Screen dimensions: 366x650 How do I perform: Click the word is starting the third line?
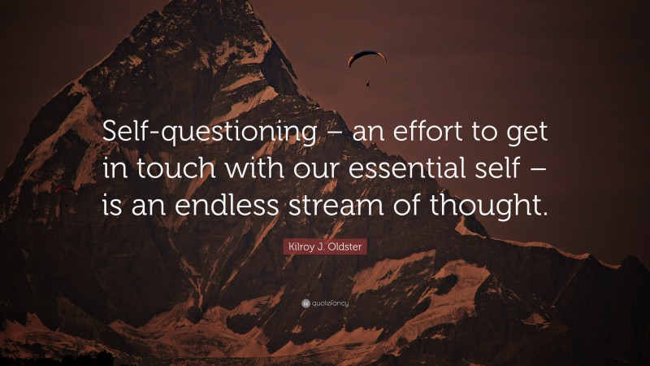tap(112, 205)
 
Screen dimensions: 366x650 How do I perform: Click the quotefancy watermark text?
tap(329, 303)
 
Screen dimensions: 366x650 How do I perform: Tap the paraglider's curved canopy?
tap(367, 57)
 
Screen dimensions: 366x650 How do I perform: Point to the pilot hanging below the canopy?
tap(367, 81)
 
